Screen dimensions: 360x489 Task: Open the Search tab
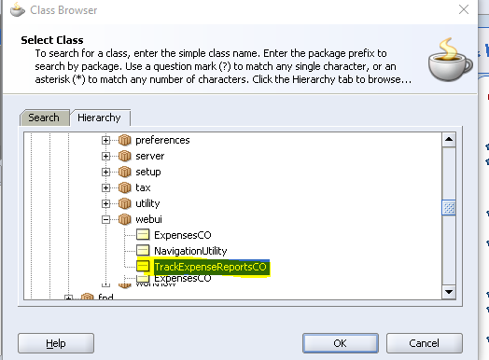(x=43, y=118)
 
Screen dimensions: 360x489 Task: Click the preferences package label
(x=162, y=140)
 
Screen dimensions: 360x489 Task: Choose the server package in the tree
(x=149, y=156)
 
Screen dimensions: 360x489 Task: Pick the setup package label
(x=148, y=172)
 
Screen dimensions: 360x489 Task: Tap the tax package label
(x=143, y=187)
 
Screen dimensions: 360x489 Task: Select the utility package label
(x=148, y=203)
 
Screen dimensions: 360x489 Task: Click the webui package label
(x=149, y=219)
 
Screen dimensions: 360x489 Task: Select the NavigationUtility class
(x=190, y=251)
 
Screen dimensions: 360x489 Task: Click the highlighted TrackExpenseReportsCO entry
(x=210, y=268)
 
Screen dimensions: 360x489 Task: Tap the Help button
(x=56, y=342)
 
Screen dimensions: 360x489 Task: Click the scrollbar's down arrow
(x=449, y=293)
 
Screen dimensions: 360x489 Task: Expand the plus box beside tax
(x=106, y=187)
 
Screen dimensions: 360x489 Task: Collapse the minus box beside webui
(x=106, y=219)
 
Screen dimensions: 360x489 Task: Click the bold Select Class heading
(x=52, y=41)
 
